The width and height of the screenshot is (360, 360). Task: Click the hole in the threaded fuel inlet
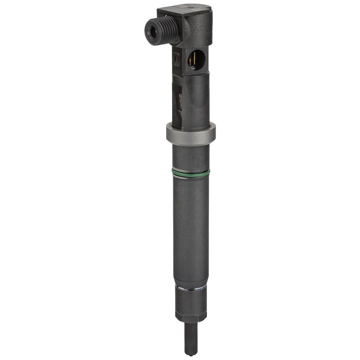pyautogui.click(x=153, y=32)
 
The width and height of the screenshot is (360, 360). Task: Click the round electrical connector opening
pyautogui.click(x=197, y=60)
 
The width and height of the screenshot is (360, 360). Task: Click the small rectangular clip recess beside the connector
pyautogui.click(x=177, y=59)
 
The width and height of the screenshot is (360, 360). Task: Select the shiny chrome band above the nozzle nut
pyautogui.click(x=191, y=288)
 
